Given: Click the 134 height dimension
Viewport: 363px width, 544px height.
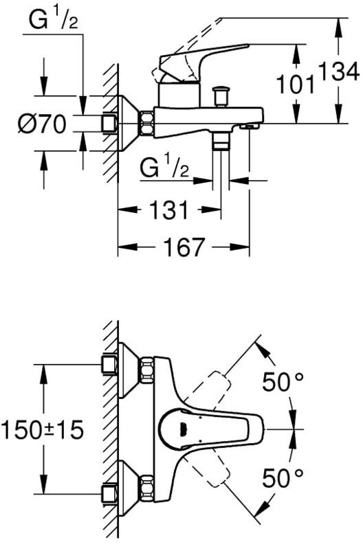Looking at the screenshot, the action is coord(339,72).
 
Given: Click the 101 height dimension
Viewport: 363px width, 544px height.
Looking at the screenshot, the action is coord(296,84).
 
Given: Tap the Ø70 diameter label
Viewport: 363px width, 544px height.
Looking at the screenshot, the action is coord(42,124).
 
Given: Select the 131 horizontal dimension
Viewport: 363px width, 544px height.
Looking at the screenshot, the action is coord(169,209).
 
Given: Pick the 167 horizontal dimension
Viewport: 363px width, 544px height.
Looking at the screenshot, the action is coord(184,247).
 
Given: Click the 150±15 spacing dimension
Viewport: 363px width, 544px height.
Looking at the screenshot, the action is coord(43,429).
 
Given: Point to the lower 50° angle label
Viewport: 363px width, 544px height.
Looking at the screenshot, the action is coord(283,478).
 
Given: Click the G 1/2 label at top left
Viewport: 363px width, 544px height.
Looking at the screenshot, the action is coord(53,19).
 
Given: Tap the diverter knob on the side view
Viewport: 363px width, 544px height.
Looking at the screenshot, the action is coord(221,96).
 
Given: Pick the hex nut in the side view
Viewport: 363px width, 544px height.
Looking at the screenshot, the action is coord(147,124).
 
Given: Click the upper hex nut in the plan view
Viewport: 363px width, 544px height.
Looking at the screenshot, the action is coord(147,370).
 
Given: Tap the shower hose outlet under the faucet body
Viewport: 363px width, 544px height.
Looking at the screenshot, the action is coord(221,141).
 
